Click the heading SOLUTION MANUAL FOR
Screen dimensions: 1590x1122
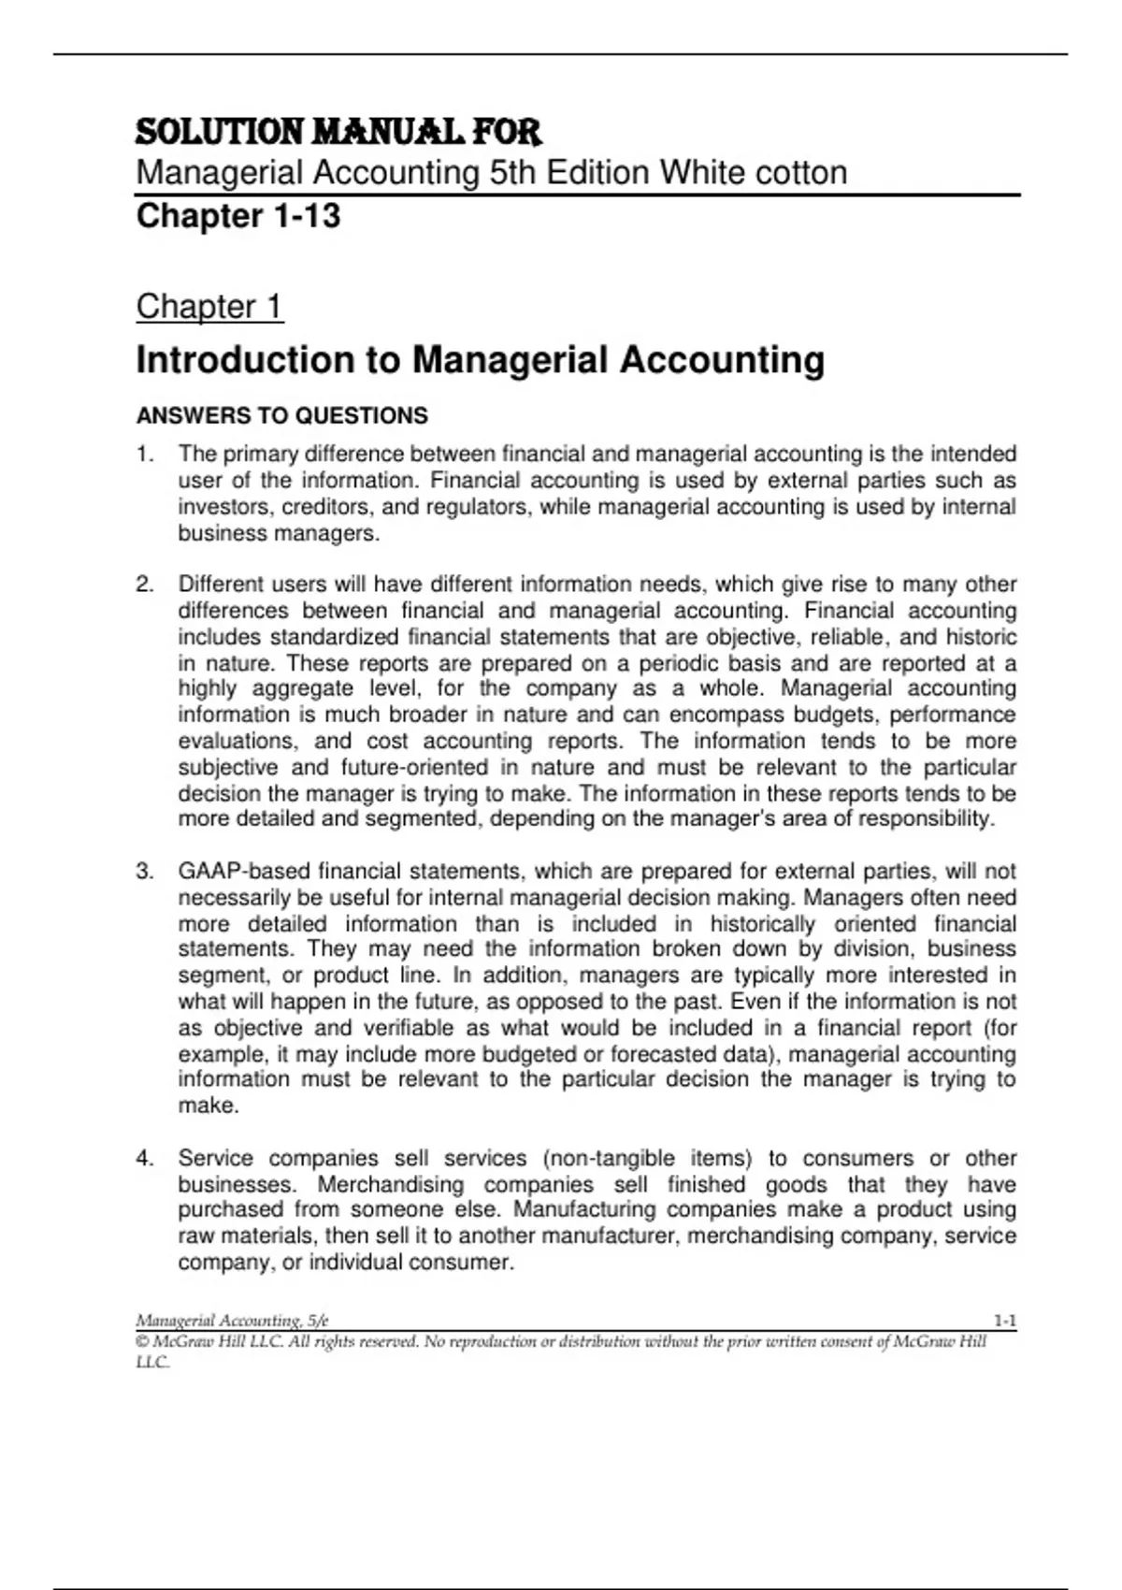pos(338,132)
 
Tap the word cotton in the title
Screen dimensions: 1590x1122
pos(800,173)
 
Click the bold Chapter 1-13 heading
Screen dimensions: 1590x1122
pos(238,216)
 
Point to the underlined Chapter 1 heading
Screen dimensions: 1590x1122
pos(209,307)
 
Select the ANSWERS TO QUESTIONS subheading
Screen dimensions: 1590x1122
pos(282,415)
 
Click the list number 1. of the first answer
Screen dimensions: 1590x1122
pos(144,455)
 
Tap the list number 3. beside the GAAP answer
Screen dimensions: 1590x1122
pos(144,872)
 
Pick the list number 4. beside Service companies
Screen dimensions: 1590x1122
pos(144,1159)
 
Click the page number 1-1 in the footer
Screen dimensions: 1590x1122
pos(1005,1321)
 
